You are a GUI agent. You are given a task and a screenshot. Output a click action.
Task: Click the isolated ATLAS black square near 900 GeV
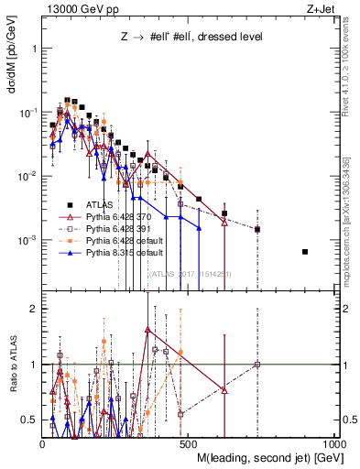click(x=306, y=252)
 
